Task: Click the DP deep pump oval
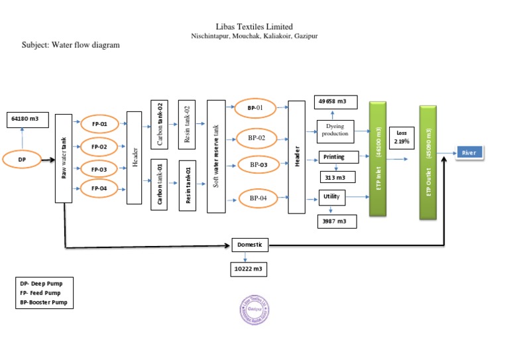point(22,159)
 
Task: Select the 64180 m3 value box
point(28,119)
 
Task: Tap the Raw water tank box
point(64,158)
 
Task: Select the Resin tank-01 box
point(188,185)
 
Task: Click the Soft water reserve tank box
point(216,156)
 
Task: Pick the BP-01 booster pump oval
point(255,107)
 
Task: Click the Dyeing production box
point(335,129)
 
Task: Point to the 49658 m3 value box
point(335,101)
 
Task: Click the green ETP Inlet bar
point(378,159)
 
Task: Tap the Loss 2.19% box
point(401,137)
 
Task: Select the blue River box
point(469,152)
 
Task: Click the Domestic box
point(250,245)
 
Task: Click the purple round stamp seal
point(254,308)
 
